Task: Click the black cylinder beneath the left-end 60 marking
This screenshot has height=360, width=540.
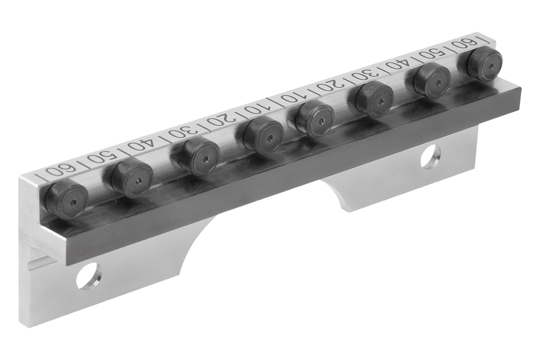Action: coord(67,199)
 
